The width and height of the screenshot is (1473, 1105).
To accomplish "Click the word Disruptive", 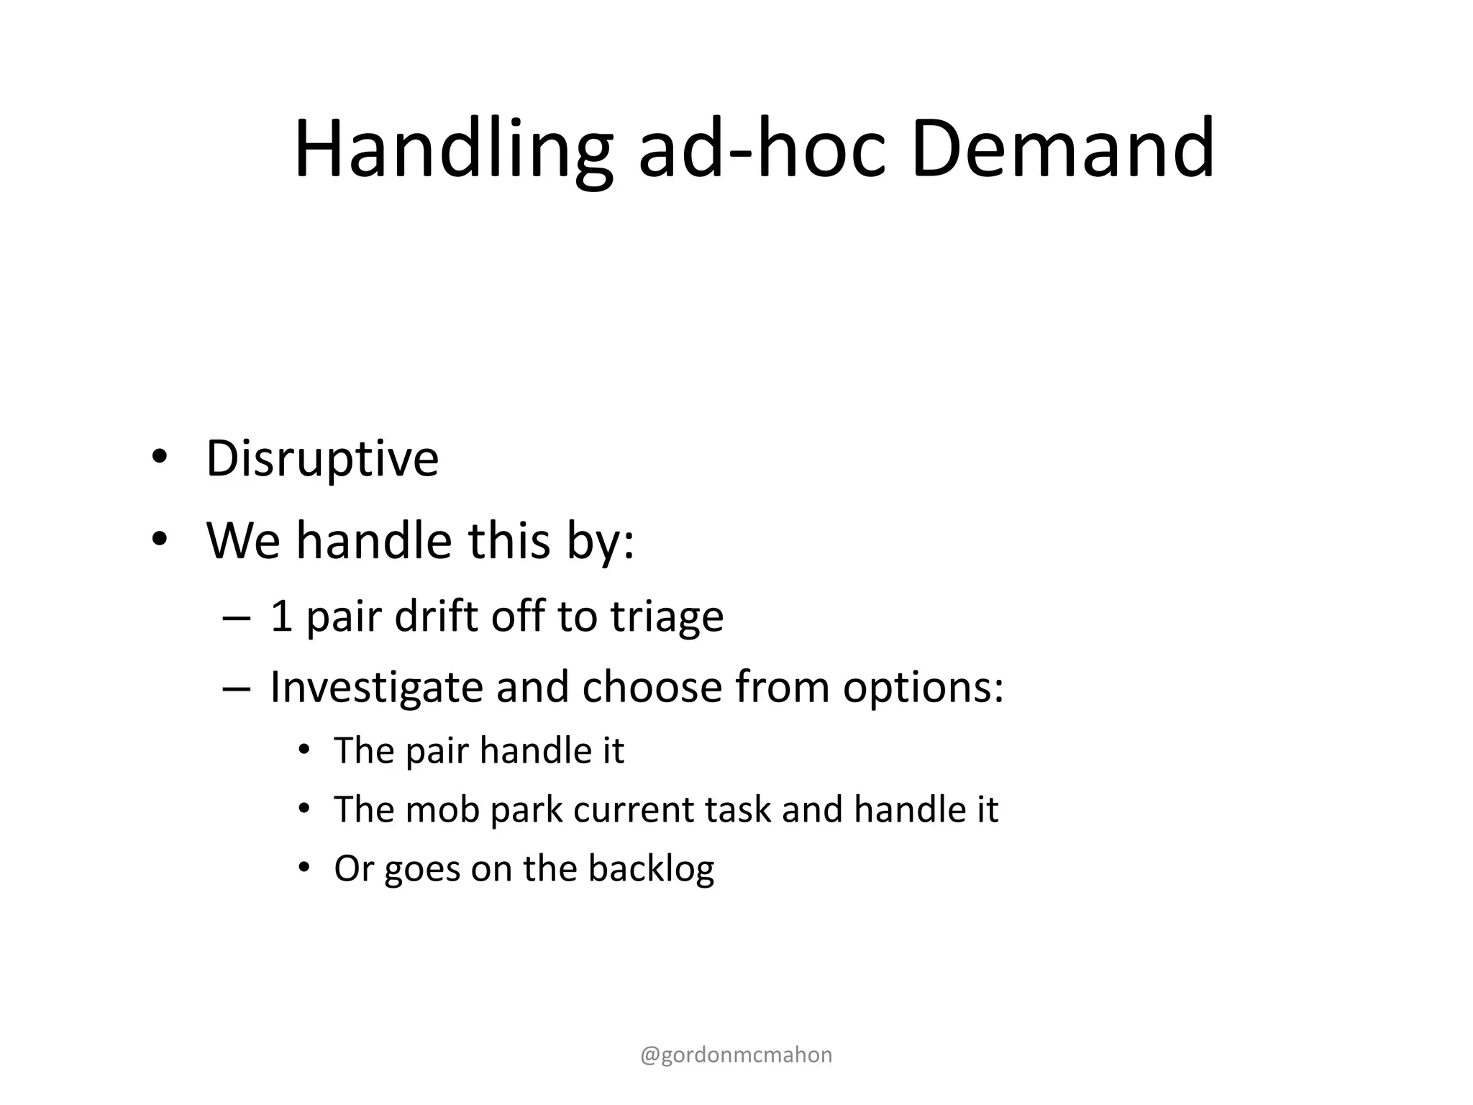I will [322, 459].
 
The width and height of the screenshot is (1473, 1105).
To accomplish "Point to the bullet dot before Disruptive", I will [159, 458].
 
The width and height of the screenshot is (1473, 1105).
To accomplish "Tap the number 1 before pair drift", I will [281, 617].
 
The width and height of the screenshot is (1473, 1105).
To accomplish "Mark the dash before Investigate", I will [237, 688].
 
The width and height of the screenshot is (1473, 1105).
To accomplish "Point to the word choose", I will [652, 687].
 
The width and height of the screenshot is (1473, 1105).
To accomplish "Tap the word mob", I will [442, 809].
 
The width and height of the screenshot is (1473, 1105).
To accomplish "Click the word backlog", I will [650, 869].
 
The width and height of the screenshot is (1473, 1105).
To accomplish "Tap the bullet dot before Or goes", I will [304, 868].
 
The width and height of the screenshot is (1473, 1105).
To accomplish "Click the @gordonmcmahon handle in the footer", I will [736, 1055].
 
